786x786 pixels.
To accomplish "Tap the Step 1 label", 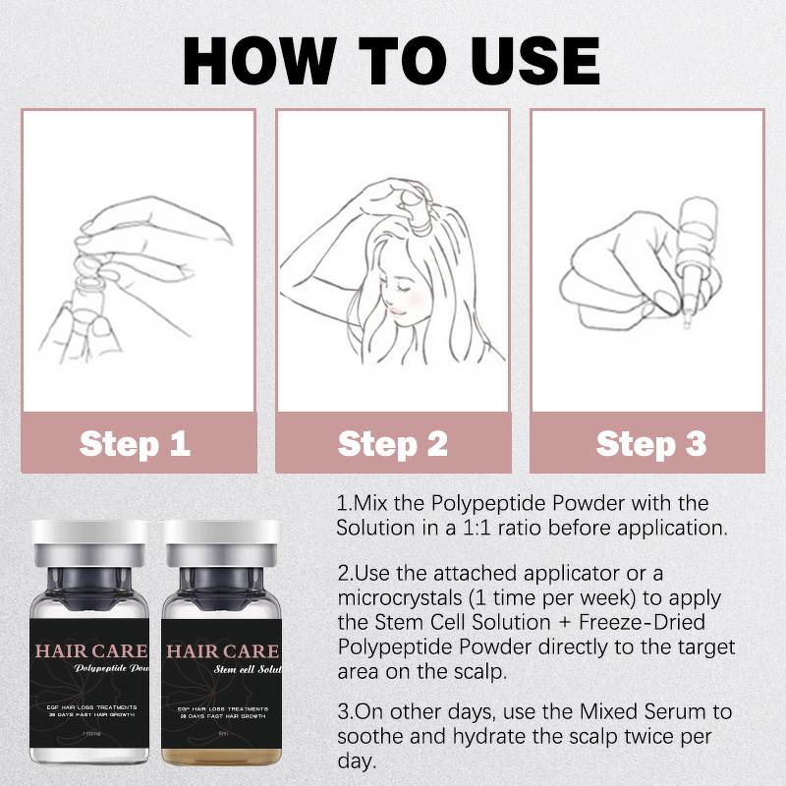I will [x=136, y=443].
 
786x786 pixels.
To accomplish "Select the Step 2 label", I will [x=392, y=443].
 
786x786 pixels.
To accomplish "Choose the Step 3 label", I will [x=650, y=443].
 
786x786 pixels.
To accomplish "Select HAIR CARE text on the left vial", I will [x=91, y=650].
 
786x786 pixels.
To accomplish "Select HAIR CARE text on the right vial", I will [x=222, y=650].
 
